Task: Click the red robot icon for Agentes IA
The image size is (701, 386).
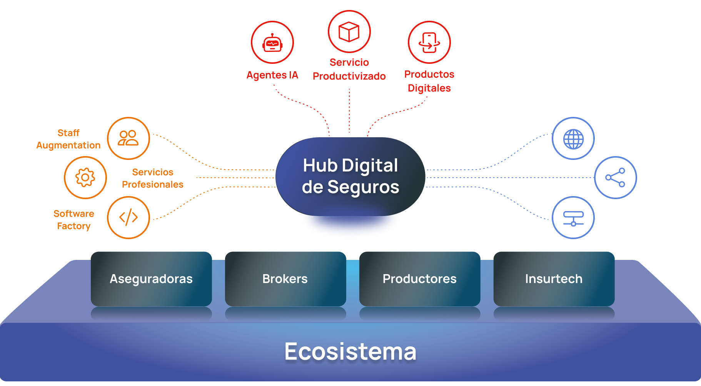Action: click(x=272, y=43)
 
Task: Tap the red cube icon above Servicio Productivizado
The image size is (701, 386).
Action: click(x=349, y=32)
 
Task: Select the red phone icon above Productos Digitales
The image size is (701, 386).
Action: click(x=429, y=42)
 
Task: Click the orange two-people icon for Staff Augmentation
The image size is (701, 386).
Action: click(x=128, y=138)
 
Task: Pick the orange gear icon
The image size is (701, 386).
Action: click(x=85, y=178)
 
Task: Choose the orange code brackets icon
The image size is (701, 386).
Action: click(x=128, y=218)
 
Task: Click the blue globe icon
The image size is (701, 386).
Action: click(x=573, y=138)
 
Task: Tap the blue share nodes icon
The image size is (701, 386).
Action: click(x=615, y=178)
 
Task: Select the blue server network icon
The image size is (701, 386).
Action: click(x=573, y=218)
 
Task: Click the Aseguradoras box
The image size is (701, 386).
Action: click(x=151, y=279)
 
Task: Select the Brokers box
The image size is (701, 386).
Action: click(x=285, y=279)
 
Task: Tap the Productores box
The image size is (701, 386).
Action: click(x=419, y=279)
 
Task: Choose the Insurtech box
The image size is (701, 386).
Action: click(x=554, y=279)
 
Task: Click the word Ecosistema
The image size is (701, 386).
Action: click(x=350, y=351)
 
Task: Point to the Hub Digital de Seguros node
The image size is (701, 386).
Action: click(x=350, y=176)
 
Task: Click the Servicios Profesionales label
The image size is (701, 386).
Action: click(x=152, y=178)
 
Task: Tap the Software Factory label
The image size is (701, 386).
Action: click(x=73, y=220)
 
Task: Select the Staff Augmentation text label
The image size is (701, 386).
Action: click(x=68, y=139)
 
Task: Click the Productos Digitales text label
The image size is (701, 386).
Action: click(x=429, y=81)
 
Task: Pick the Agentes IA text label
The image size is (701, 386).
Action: click(x=272, y=75)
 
